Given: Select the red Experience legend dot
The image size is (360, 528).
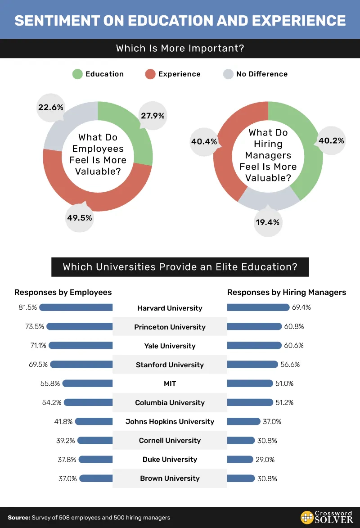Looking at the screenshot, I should [150, 74].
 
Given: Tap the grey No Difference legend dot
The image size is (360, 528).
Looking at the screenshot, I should [229, 74].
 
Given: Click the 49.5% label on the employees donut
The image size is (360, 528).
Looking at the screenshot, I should [80, 218].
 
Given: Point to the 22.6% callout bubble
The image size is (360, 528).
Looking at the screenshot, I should [51, 108].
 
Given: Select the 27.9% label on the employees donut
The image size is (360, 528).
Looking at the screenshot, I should [153, 116].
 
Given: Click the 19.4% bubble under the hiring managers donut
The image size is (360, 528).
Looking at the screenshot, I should [268, 222].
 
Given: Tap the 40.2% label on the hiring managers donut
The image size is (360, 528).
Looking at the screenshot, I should [331, 140].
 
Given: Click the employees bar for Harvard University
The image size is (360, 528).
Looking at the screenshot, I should [76, 307].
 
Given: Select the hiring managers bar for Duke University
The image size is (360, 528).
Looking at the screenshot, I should [240, 460].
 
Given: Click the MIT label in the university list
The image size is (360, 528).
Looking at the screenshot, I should [170, 384].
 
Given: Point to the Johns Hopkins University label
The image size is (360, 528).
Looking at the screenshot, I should [170, 422].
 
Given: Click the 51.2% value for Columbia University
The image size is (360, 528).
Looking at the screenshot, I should [284, 403].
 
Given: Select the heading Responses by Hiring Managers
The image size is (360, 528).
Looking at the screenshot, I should [287, 293].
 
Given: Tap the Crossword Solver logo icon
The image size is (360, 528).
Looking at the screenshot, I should [307, 518].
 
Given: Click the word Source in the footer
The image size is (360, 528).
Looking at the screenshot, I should [18, 518].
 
